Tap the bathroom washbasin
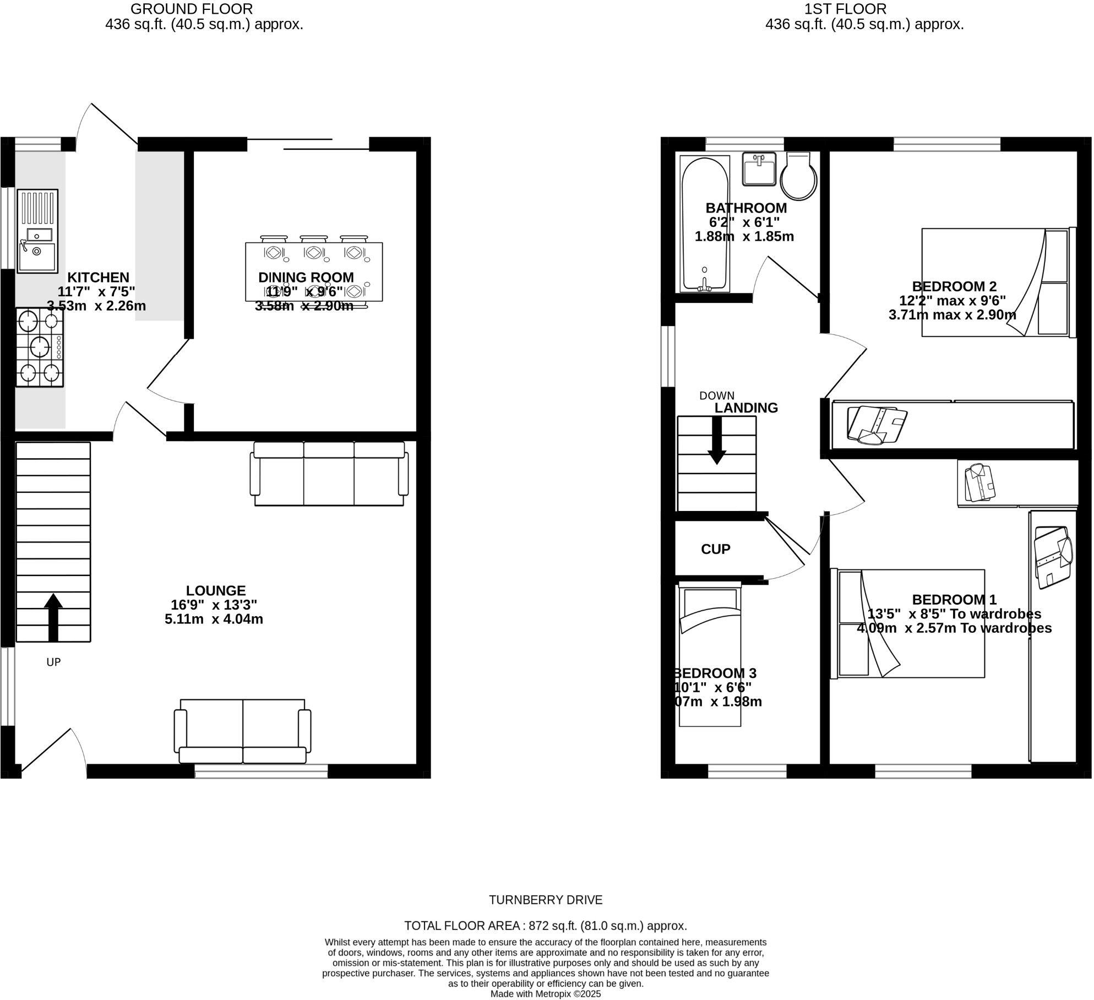760,169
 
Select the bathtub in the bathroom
705,224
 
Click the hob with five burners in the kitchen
40,347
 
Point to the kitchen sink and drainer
37,231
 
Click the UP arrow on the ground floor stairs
53,617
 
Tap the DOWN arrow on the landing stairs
717,441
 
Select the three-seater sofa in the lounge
329,474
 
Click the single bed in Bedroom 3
710,655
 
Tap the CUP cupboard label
716,549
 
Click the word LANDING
746,408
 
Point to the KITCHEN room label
98,278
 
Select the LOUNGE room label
215,591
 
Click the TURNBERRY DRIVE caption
546,900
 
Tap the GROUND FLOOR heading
192,9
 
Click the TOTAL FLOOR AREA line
546,926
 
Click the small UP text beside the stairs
53,662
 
